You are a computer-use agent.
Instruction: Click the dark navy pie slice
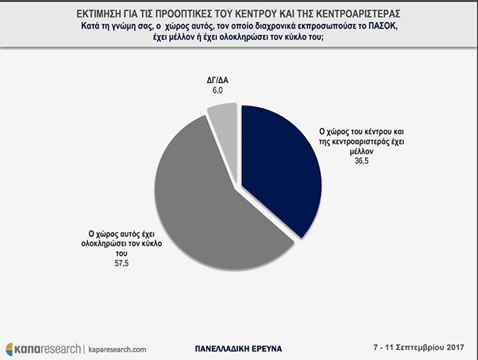coord(277,175)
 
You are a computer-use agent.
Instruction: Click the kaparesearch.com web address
coord(120,349)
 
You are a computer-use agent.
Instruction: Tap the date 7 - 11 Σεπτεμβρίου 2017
coord(424,347)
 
